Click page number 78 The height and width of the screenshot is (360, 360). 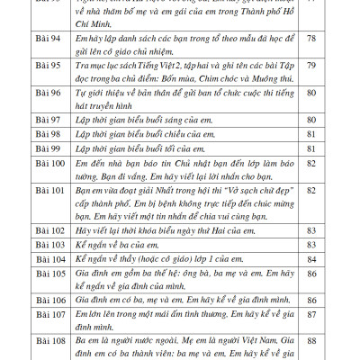click(310, 65)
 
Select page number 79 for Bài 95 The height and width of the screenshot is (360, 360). click(310, 91)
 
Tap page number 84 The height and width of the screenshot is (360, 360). click(310, 260)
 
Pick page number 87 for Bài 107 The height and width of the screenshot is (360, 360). click(310, 315)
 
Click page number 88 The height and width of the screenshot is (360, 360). click(310, 341)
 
